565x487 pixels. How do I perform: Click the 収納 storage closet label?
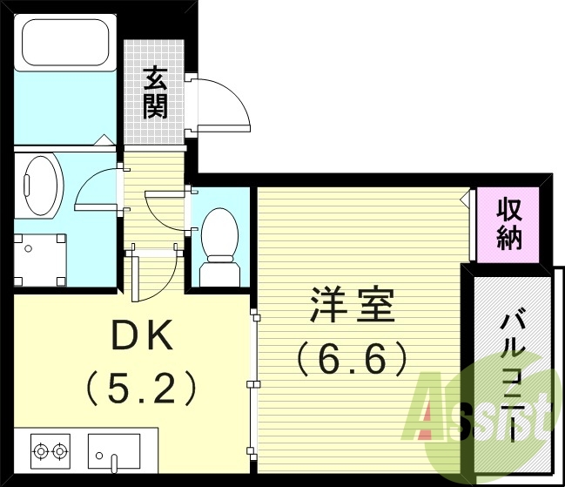point(509,224)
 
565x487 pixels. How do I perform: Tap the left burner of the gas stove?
point(40,451)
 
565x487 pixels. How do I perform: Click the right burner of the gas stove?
point(60,451)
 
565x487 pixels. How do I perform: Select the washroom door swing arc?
point(91,187)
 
